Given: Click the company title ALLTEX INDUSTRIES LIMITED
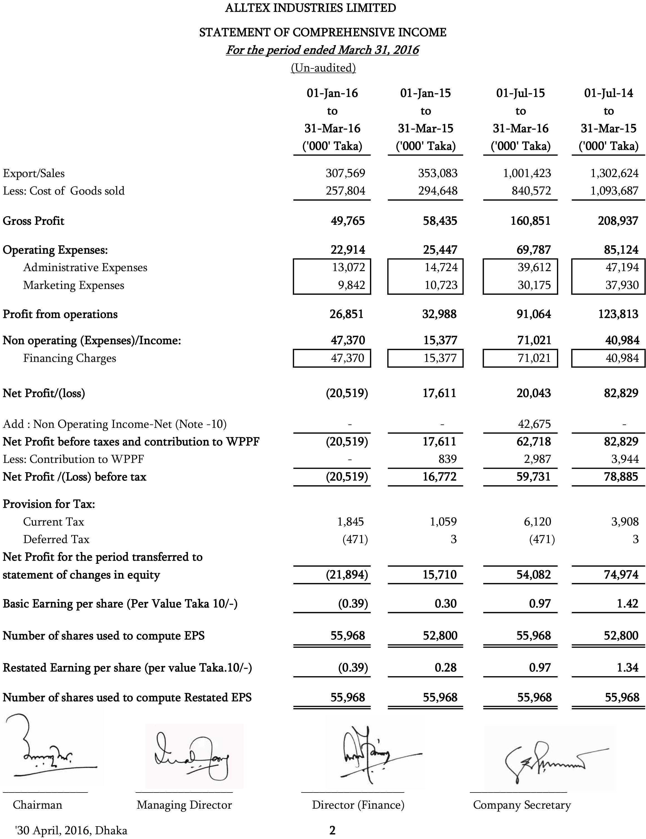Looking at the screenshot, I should tap(310, 8).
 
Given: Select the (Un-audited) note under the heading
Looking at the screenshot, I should tap(323, 68).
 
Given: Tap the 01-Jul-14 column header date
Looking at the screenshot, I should tap(608, 93).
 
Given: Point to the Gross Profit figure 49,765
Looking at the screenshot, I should tap(348, 221).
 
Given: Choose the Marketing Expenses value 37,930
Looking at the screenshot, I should tap(622, 285).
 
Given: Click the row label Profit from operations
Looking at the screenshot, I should tap(60, 314).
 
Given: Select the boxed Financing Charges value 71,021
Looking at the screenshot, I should tap(534, 358).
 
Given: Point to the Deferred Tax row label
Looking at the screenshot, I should tap(56, 539).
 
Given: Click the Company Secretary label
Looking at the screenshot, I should tap(522, 805).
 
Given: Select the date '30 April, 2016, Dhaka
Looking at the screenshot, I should tap(71, 831).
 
